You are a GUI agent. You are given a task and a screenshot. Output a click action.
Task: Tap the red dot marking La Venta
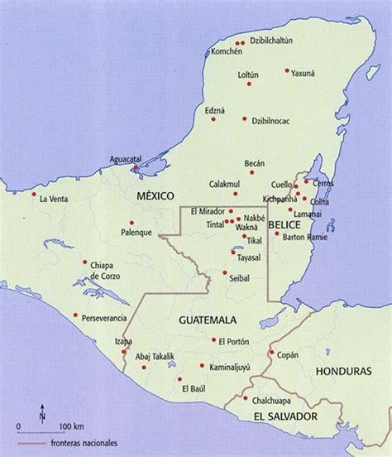tap(35, 195)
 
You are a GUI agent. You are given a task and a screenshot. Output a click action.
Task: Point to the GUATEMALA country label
tap(208, 320)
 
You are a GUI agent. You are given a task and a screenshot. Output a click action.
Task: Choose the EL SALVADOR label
tap(284, 416)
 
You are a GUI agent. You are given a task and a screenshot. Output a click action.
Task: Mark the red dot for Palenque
tap(131, 222)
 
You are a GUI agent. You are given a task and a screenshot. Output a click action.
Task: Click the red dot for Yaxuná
tap(287, 71)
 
